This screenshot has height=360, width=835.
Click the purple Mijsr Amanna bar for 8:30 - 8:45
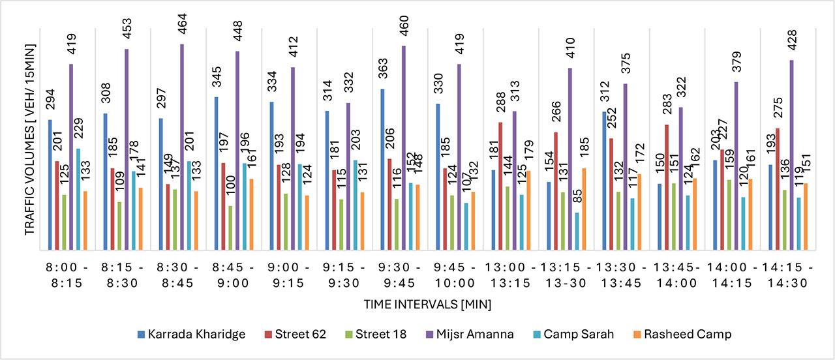click(182, 147)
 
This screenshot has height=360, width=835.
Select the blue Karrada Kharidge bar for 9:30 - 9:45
click(383, 169)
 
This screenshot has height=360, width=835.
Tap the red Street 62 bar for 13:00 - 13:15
click(500, 186)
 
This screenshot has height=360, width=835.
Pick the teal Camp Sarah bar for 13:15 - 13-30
click(577, 231)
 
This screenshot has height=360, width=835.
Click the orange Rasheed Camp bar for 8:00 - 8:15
click(85, 220)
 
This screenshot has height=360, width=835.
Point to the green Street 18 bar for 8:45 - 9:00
click(230, 228)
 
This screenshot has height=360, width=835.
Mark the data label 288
click(500, 104)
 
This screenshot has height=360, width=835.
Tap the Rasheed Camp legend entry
click(685, 334)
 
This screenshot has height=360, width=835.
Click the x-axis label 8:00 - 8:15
click(67, 275)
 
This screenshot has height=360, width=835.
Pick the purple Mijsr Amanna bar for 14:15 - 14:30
click(792, 155)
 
